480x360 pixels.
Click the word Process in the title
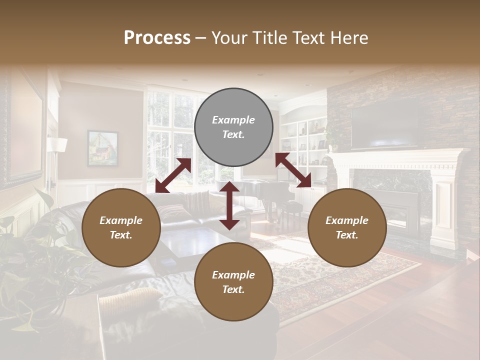point(157,38)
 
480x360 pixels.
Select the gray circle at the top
point(233,127)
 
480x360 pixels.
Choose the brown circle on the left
point(121,227)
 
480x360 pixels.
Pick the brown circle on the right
point(347,227)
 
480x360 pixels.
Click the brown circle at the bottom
point(233,282)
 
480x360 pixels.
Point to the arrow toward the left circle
point(173,175)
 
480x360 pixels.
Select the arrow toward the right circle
point(293,170)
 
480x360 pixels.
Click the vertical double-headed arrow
point(229,205)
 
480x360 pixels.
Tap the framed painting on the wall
point(102,148)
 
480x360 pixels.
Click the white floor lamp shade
point(57,145)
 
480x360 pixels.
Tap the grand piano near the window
point(265,192)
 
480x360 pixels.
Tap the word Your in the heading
point(230,38)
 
